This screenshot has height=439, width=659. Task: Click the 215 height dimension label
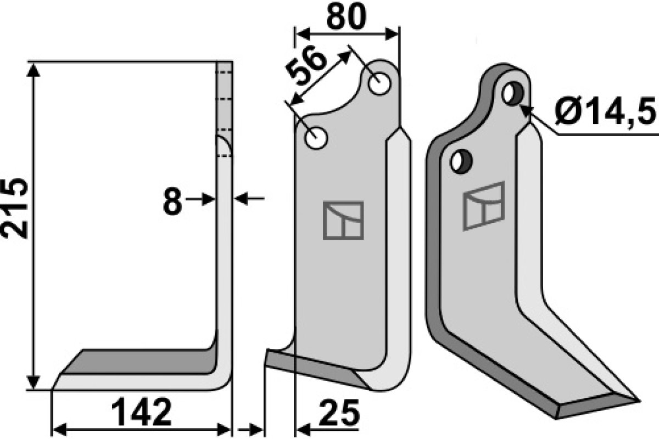point(14,208)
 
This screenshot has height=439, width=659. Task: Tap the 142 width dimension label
point(142,412)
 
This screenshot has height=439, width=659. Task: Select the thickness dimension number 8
point(172,202)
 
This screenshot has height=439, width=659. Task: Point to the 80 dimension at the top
point(347,16)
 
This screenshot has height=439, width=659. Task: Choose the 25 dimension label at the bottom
point(339,413)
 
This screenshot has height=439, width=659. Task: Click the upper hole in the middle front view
point(379,83)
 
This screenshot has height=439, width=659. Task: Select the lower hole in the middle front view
point(316,138)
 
